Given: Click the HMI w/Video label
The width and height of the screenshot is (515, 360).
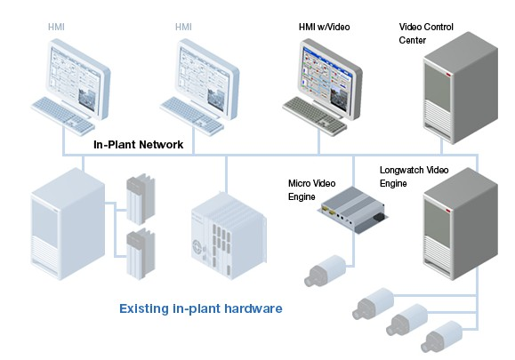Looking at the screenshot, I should pyautogui.click(x=324, y=27).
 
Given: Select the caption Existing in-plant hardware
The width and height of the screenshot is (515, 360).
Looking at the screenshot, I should pyautogui.click(x=201, y=309).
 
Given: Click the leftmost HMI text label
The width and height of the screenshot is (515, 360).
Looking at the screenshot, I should pyautogui.click(x=56, y=27).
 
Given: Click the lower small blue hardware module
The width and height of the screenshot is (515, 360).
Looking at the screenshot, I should pyautogui.click(x=139, y=253).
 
